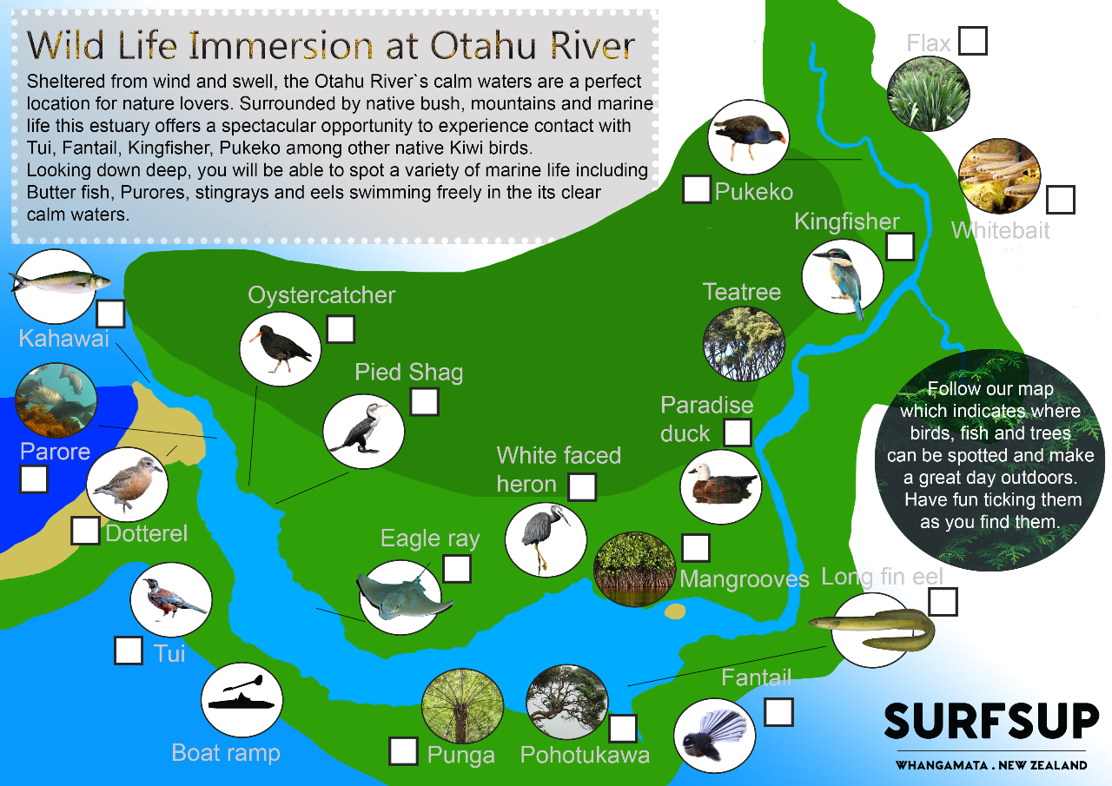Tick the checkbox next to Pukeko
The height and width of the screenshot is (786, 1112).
coord(697,189)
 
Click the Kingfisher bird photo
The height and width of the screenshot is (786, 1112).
coord(842,277)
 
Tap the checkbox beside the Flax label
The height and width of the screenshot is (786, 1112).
coord(973,41)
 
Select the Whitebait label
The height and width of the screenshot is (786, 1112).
coord(1000,230)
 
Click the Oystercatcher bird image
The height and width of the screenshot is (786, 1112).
coord(280,345)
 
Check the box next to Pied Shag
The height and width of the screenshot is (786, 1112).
coord(424,402)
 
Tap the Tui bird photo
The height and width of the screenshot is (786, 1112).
coord(170,601)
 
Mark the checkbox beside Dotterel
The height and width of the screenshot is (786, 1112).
coord(85,530)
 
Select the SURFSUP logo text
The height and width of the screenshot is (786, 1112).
coord(991,722)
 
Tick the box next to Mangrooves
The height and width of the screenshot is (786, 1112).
coord(696,548)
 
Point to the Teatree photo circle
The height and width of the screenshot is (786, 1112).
coord(743,343)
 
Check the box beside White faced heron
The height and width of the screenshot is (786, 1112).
coord(582,487)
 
